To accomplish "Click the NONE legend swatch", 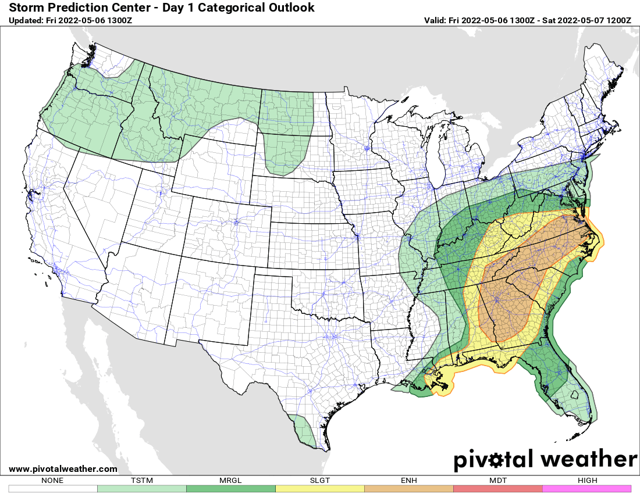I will point(53,488).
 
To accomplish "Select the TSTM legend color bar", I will point(142,488).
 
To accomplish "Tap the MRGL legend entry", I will point(231,488).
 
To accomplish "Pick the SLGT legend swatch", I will point(320,488).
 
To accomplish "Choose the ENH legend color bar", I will point(409,488).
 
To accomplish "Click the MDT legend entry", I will point(498,488).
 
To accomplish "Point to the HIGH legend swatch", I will point(586,488).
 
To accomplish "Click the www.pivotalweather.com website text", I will point(63,469).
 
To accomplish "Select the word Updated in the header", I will point(26,20).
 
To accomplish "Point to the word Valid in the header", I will point(435,20).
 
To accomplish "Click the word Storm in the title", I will point(26,8).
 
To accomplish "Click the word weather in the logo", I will point(589,460).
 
